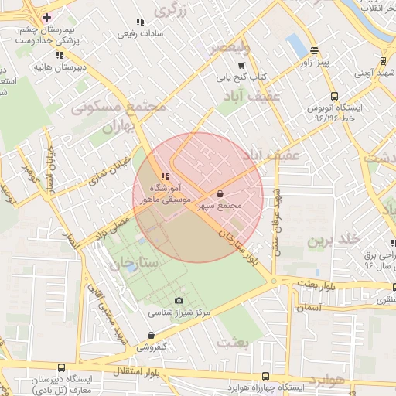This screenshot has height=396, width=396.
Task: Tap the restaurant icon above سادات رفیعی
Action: [139, 22]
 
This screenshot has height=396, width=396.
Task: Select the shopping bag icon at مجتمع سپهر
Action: [220, 193]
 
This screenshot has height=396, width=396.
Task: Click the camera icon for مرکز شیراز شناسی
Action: [179, 300]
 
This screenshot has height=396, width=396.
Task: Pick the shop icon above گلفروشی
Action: [150, 335]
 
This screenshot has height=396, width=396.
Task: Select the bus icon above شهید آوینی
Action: [382, 62]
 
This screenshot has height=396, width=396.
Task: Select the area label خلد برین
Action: [335, 240]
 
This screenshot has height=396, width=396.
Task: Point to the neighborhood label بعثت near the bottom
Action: [235, 341]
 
